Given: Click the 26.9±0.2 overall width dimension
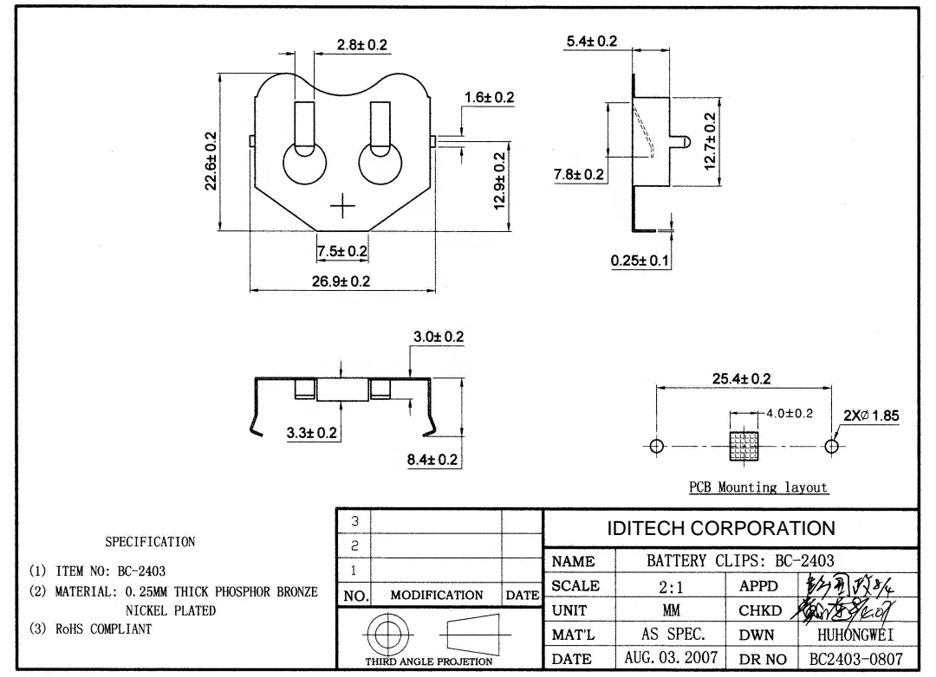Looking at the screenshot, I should pyautogui.click(x=341, y=282).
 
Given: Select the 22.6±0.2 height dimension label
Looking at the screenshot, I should pyautogui.click(x=211, y=163).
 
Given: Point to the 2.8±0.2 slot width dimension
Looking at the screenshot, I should pyautogui.click(x=361, y=45).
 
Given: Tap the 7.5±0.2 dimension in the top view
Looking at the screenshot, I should pyautogui.click(x=341, y=251).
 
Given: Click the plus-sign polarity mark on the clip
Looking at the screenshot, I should pyautogui.click(x=343, y=206).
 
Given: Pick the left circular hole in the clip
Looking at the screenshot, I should pyautogui.click(x=304, y=164).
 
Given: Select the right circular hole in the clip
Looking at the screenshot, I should pyautogui.click(x=380, y=164).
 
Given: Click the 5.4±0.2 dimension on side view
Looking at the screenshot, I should pyautogui.click(x=591, y=42).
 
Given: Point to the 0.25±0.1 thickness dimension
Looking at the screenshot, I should pyautogui.click(x=640, y=261).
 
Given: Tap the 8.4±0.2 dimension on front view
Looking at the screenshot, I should pyautogui.click(x=432, y=459).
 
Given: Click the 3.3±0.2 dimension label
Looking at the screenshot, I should pyautogui.click(x=313, y=432).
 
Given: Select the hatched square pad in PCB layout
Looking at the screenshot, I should pyautogui.click(x=744, y=446).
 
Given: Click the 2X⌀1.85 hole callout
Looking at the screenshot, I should pyautogui.click(x=871, y=416).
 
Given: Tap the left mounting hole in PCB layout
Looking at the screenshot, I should pyautogui.click(x=656, y=446).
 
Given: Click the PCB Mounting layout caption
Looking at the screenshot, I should pyautogui.click(x=758, y=487).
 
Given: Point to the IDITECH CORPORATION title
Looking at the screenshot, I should pyautogui.click(x=721, y=528).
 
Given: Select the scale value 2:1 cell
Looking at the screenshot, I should pyautogui.click(x=670, y=586).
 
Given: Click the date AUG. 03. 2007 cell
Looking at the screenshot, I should pyautogui.click(x=670, y=658).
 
